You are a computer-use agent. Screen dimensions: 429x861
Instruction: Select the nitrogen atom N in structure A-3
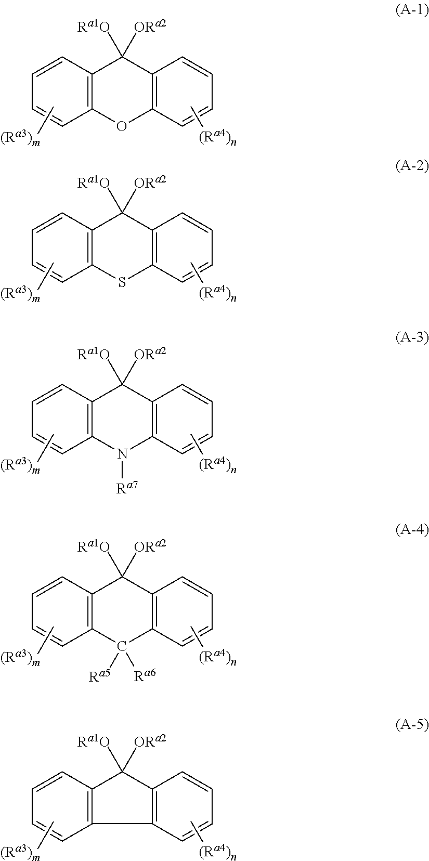[122, 454]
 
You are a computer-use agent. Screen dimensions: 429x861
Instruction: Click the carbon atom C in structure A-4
[122, 646]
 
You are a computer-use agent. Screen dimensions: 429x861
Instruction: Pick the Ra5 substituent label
[99, 676]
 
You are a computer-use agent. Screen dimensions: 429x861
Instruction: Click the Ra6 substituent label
[145, 676]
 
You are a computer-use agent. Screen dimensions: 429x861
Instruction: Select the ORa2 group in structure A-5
[151, 741]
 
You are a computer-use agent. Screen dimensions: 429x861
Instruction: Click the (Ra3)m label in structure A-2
[21, 294]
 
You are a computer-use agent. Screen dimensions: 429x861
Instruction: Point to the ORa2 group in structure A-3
[151, 355]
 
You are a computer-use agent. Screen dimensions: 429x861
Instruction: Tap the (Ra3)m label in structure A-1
[21, 139]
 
